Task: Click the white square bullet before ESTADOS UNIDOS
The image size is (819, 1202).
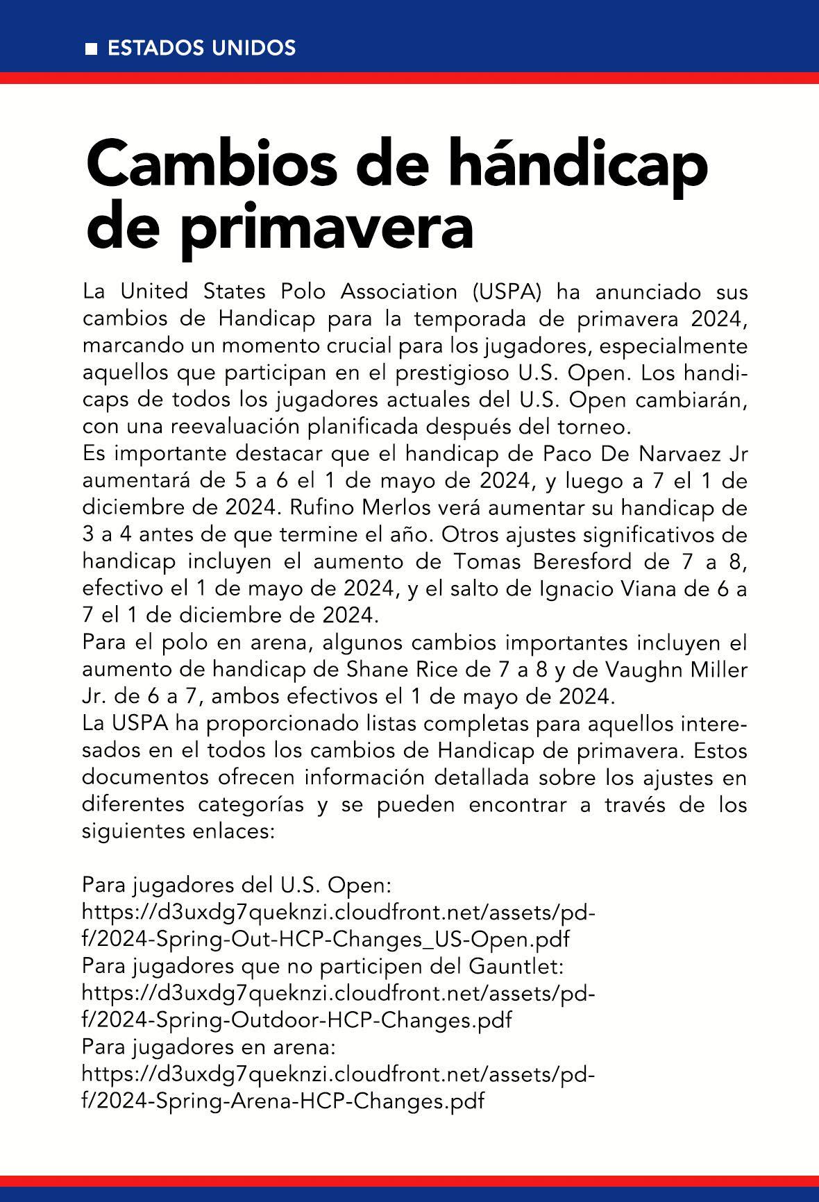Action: point(90,49)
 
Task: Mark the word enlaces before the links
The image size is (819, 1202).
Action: point(237,831)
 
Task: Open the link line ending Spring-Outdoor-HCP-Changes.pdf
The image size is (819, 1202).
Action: point(298,1020)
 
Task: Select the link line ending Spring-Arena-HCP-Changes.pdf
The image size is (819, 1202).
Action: point(283,1101)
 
